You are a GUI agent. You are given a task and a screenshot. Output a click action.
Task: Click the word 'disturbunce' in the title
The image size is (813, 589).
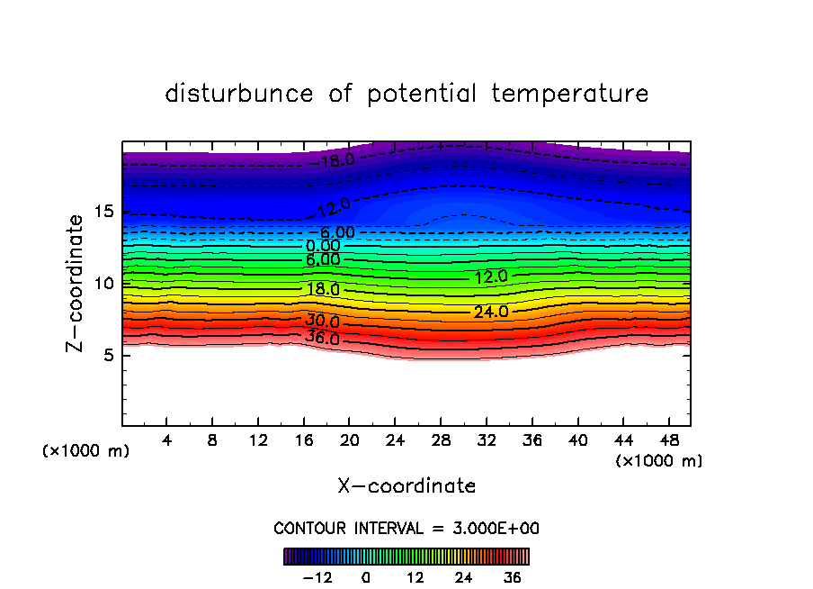(238, 94)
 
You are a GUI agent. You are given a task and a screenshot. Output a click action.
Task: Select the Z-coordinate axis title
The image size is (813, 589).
(76, 283)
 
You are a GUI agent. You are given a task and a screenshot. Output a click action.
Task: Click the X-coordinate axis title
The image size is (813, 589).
(406, 486)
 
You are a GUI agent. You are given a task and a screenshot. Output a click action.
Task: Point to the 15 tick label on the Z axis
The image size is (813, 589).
(104, 212)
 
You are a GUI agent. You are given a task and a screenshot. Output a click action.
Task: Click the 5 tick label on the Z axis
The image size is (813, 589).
(109, 355)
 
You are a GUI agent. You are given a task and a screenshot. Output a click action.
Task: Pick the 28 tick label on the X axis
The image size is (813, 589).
(440, 441)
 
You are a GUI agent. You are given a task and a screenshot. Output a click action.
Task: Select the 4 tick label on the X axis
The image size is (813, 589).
(167, 441)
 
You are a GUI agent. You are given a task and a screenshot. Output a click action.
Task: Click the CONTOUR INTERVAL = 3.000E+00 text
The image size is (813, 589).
(406, 528)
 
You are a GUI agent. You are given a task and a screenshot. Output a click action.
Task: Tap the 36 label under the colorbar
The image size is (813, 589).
(513, 577)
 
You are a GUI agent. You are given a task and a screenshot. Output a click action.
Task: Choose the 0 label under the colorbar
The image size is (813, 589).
(366, 577)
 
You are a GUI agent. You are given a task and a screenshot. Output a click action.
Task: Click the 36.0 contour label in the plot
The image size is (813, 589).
(322, 339)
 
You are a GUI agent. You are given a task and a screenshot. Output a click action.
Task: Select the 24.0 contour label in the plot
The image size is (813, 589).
(491, 312)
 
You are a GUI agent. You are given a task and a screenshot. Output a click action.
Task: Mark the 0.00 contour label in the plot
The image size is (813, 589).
(323, 246)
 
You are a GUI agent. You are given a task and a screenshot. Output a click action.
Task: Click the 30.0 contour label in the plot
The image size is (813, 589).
(322, 322)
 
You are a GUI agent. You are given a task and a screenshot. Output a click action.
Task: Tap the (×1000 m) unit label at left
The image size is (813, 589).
(86, 451)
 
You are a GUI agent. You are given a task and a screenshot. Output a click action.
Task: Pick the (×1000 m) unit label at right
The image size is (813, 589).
(659, 461)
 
